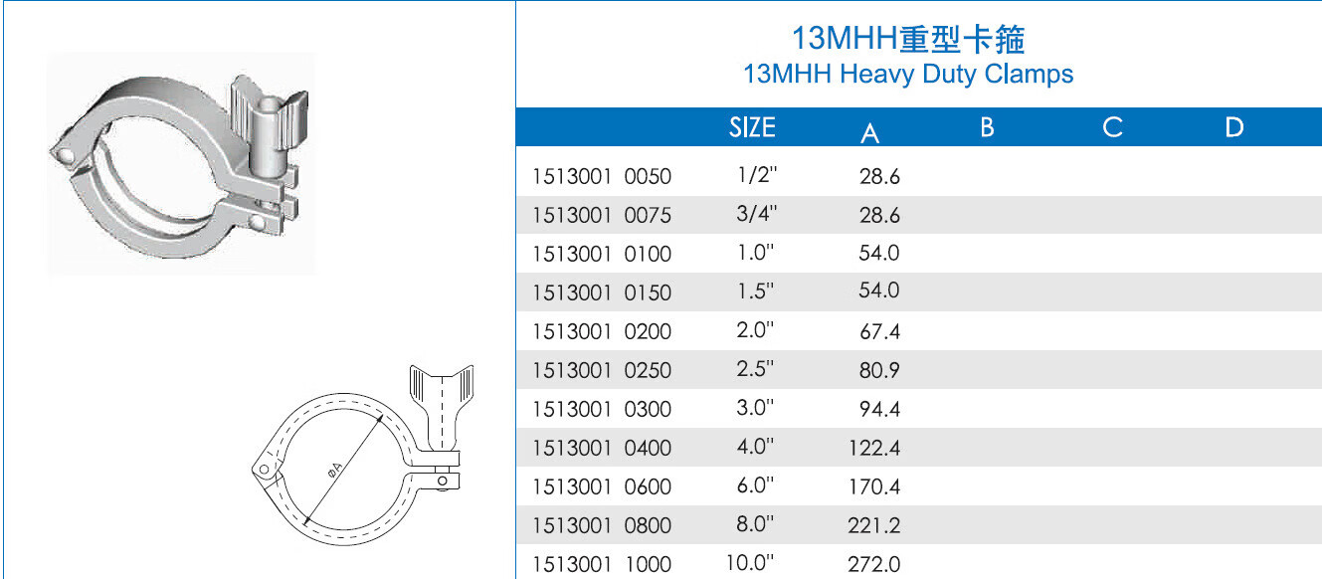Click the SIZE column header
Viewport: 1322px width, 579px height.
(752, 127)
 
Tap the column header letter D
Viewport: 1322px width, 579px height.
(1234, 127)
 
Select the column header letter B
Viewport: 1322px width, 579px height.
(987, 127)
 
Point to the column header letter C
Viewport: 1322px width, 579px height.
(1112, 127)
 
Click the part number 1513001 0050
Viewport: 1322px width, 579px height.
(602, 176)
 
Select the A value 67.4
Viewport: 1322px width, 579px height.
(879, 331)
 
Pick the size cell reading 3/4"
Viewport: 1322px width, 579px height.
(757, 213)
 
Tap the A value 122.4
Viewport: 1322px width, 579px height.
(874, 448)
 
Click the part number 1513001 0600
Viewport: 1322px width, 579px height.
(602, 486)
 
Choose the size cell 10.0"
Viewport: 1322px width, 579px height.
(749, 562)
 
